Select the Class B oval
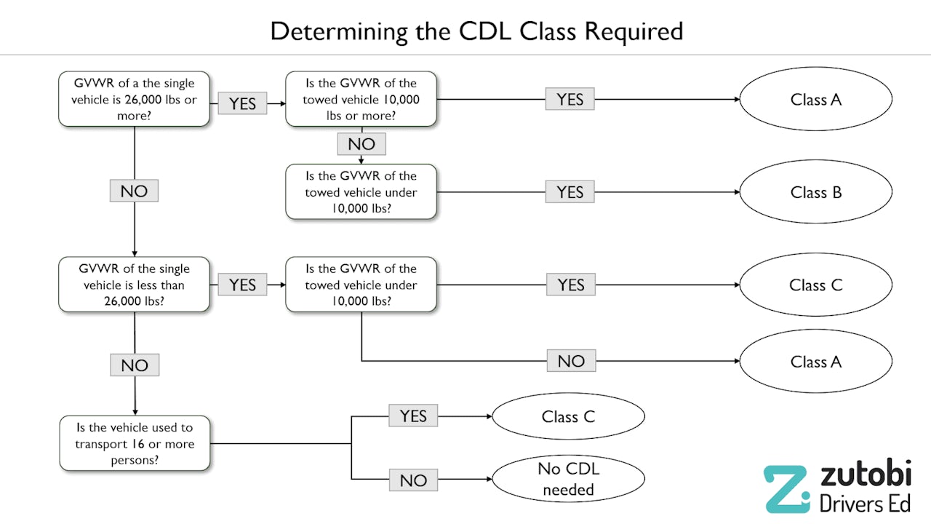click(x=815, y=192)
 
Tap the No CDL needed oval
click(x=568, y=480)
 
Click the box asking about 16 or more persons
click(x=135, y=443)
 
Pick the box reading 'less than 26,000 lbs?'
click(x=135, y=285)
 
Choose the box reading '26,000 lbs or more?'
click(x=135, y=100)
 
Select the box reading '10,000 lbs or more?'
click(x=361, y=100)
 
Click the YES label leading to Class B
click(x=570, y=192)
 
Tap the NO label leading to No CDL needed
click(x=413, y=480)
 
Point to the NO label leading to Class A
click(x=571, y=361)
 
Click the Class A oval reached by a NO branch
click(x=815, y=362)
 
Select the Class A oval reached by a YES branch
click(x=815, y=100)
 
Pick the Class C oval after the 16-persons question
click(x=568, y=417)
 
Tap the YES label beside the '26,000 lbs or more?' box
click(x=242, y=103)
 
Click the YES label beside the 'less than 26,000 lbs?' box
click(x=242, y=285)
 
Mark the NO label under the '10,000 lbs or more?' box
click(x=361, y=144)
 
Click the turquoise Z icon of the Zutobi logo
click(x=786, y=489)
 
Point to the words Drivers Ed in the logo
click(x=865, y=502)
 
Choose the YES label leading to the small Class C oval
click(x=413, y=416)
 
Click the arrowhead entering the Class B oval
click(x=735, y=192)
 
